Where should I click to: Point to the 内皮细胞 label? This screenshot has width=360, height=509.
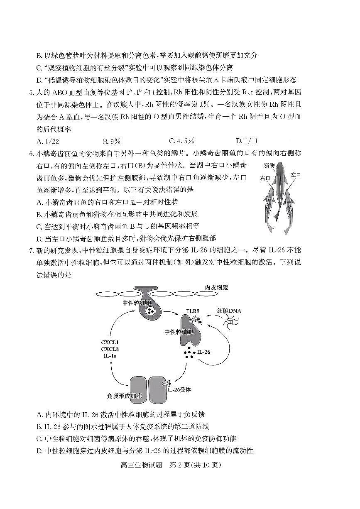pyautogui.click(x=216, y=287)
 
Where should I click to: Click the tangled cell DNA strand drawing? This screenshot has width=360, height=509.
pyautogui.click(x=228, y=321)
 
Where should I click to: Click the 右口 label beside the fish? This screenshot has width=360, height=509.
pyautogui.click(x=265, y=179)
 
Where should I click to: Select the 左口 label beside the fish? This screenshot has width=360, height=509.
pyautogui.click(x=296, y=175)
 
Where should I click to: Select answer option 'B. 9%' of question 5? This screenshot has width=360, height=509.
pyautogui.click(x=112, y=141)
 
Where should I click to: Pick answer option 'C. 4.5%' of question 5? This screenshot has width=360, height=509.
pyautogui.click(x=182, y=141)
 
